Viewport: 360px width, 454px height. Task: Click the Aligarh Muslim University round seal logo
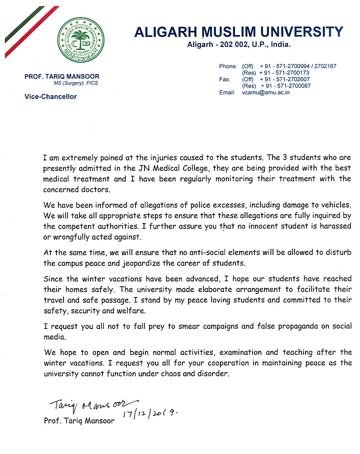tap(81, 40)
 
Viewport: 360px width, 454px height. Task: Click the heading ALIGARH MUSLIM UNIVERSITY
tap(238, 32)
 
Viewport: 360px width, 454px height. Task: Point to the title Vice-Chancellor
tap(50, 96)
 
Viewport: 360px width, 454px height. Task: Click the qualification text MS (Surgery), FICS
tap(76, 83)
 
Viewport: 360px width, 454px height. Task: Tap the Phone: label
tap(228, 66)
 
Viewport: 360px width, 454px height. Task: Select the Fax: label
tap(224, 79)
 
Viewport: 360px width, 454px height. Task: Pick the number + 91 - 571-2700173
tap(284, 73)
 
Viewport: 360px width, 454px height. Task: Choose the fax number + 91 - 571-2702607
tap(284, 79)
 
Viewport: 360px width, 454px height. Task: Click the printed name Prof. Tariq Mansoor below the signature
tap(79, 421)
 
